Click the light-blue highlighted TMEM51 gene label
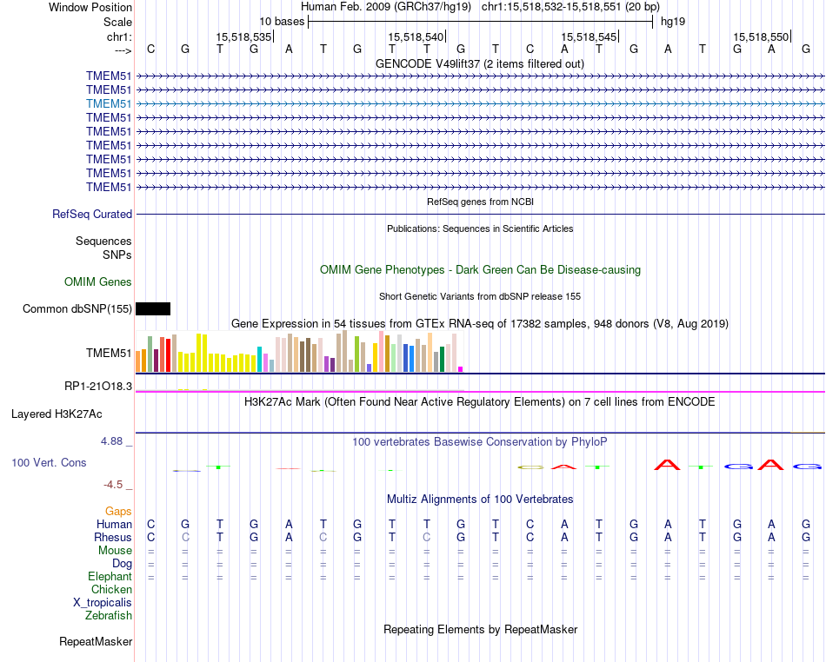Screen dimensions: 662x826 (109, 103)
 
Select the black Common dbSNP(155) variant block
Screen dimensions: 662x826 (153, 308)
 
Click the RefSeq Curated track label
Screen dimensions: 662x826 (92, 214)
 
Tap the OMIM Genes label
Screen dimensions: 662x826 (98, 281)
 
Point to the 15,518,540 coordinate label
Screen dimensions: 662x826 (416, 36)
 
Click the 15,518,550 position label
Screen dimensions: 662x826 (761, 36)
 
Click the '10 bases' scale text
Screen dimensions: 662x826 (282, 21)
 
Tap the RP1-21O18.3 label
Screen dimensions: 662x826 (98, 386)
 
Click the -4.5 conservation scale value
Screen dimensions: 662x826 (117, 484)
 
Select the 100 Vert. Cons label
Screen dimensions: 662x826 (49, 462)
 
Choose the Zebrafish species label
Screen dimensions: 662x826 (109, 615)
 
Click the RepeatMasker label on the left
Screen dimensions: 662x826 (96, 642)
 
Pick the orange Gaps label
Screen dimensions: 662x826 (118, 511)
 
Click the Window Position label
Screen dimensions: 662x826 (90, 7)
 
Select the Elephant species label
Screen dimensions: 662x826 (110, 576)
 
